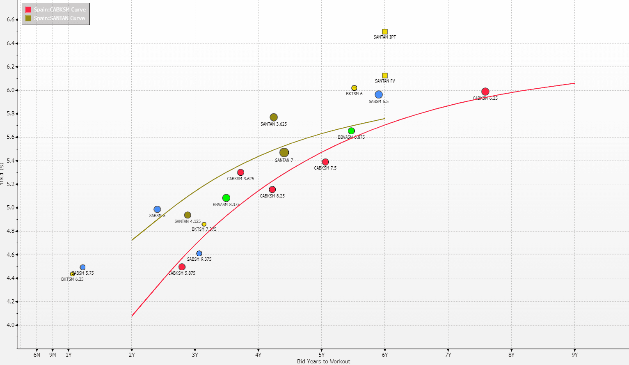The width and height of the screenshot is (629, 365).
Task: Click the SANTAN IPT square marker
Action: [x=385, y=32]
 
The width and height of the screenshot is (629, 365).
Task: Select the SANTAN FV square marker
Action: [x=385, y=76]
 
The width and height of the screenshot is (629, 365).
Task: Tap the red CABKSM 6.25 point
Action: [x=485, y=92]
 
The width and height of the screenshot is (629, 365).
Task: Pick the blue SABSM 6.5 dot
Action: [x=379, y=95]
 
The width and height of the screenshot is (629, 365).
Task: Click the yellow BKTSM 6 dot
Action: [x=354, y=88]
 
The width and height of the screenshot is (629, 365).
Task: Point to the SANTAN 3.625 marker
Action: [x=274, y=117]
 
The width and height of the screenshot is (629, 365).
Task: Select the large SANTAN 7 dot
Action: [x=284, y=153]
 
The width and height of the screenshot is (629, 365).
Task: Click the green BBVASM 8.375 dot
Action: [x=226, y=198]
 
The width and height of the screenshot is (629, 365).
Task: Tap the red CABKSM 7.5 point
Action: [x=325, y=162]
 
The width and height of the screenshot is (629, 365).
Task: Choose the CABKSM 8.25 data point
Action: [x=272, y=190]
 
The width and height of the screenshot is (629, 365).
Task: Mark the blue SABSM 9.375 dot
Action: [x=199, y=253]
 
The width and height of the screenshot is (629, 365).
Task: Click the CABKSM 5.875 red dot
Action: [x=182, y=267]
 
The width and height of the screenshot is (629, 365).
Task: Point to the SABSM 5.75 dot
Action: [x=82, y=267]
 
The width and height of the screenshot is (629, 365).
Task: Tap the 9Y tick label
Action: [x=574, y=355]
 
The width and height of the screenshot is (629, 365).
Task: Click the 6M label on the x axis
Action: [x=37, y=355]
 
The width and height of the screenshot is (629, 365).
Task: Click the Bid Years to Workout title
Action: [x=323, y=361]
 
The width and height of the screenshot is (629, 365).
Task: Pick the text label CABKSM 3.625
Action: [x=240, y=179]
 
